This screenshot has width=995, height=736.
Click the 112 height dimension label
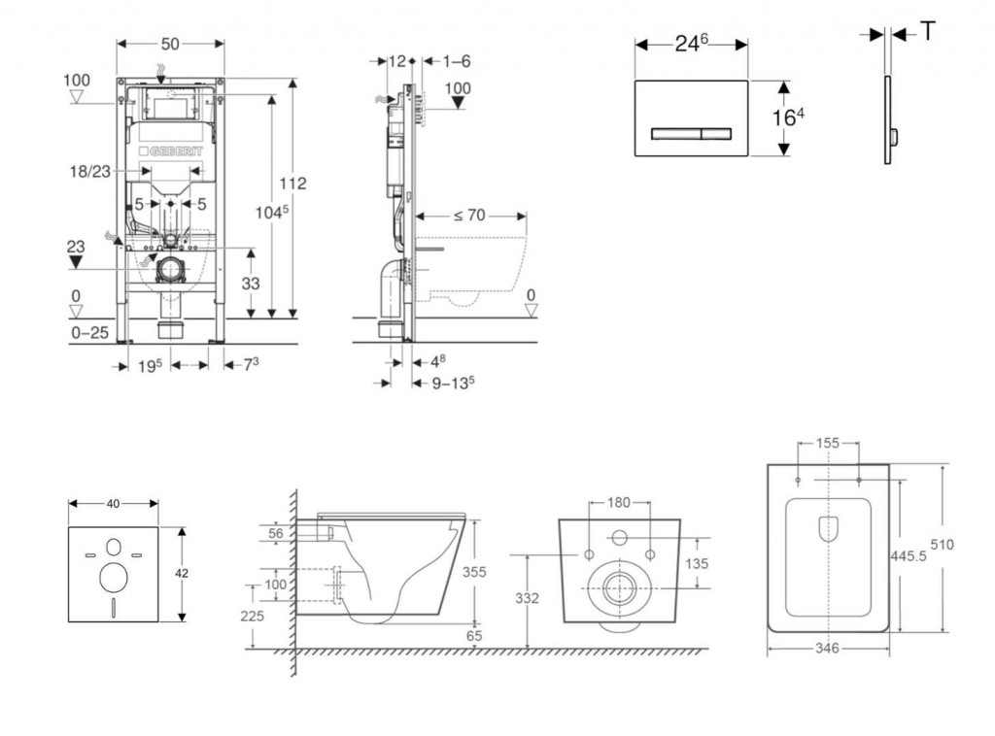(x=292, y=184)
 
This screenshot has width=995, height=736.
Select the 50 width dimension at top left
(x=170, y=45)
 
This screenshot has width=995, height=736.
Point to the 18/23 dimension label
(x=89, y=171)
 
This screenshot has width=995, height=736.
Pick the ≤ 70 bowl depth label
(x=468, y=215)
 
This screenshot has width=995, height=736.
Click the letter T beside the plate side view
(x=928, y=32)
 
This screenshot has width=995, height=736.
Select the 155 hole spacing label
(x=828, y=443)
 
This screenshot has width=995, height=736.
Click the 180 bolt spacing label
(x=619, y=502)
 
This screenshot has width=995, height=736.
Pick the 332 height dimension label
(x=528, y=599)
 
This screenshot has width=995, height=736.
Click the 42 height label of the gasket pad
(x=182, y=574)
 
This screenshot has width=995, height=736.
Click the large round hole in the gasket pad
(x=114, y=578)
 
